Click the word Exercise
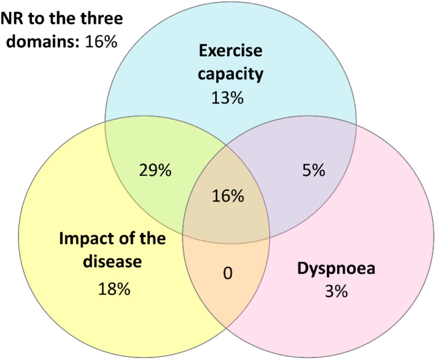click(231, 50)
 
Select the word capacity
click(231, 74)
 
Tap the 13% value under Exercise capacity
click(228, 97)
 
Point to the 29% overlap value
click(155, 170)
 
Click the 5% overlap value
click(314, 170)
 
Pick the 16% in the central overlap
click(228, 196)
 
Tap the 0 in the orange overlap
click(228, 273)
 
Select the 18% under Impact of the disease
click(114, 289)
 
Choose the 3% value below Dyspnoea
click(337, 291)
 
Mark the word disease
click(112, 261)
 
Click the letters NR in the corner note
click(12, 18)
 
